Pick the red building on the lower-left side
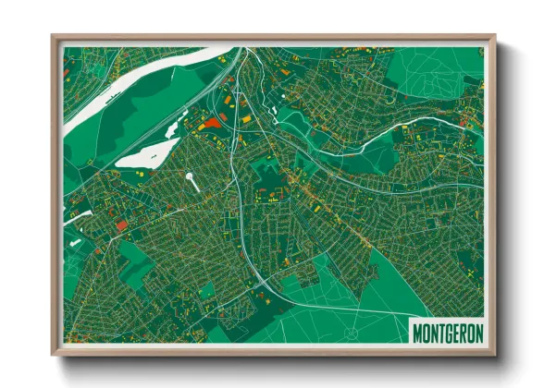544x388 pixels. click(x=121, y=224)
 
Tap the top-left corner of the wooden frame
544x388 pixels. click(x=54, y=38)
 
